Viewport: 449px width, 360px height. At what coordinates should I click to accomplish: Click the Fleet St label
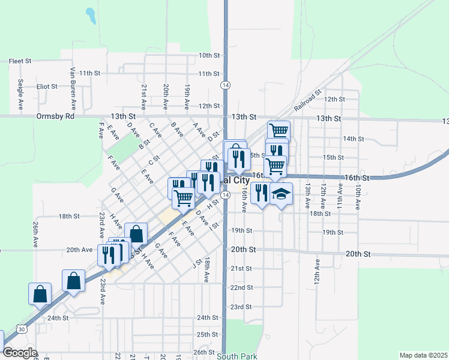20,61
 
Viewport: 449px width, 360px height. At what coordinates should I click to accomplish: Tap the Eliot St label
46,86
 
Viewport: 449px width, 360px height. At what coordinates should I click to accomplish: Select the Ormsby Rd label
55,116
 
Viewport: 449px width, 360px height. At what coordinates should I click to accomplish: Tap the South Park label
237,356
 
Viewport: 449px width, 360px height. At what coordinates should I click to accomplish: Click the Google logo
20,353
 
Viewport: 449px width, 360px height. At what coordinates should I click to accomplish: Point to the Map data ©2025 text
423,355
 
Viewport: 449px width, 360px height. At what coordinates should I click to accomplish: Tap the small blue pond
91,15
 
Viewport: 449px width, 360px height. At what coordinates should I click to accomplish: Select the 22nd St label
241,287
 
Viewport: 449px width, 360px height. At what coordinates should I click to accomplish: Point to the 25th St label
207,334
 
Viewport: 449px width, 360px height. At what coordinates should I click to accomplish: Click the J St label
196,263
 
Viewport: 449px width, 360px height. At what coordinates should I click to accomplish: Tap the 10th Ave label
358,196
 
